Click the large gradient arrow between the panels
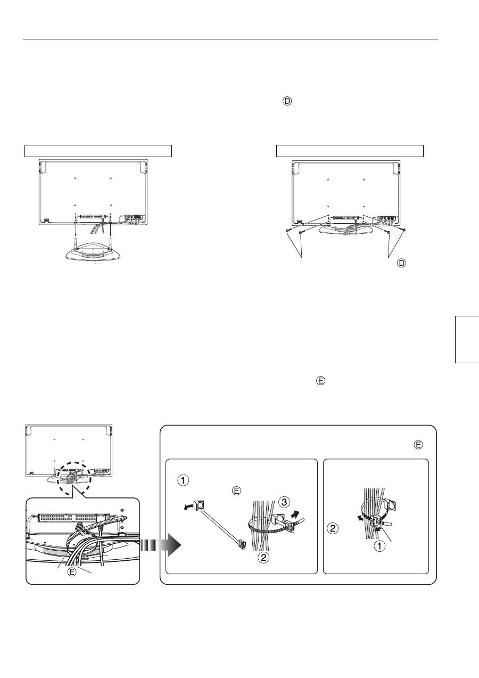click(x=161, y=545)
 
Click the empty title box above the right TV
click(x=350, y=150)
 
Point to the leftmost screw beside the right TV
click(x=288, y=231)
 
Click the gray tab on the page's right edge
click(x=467, y=339)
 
